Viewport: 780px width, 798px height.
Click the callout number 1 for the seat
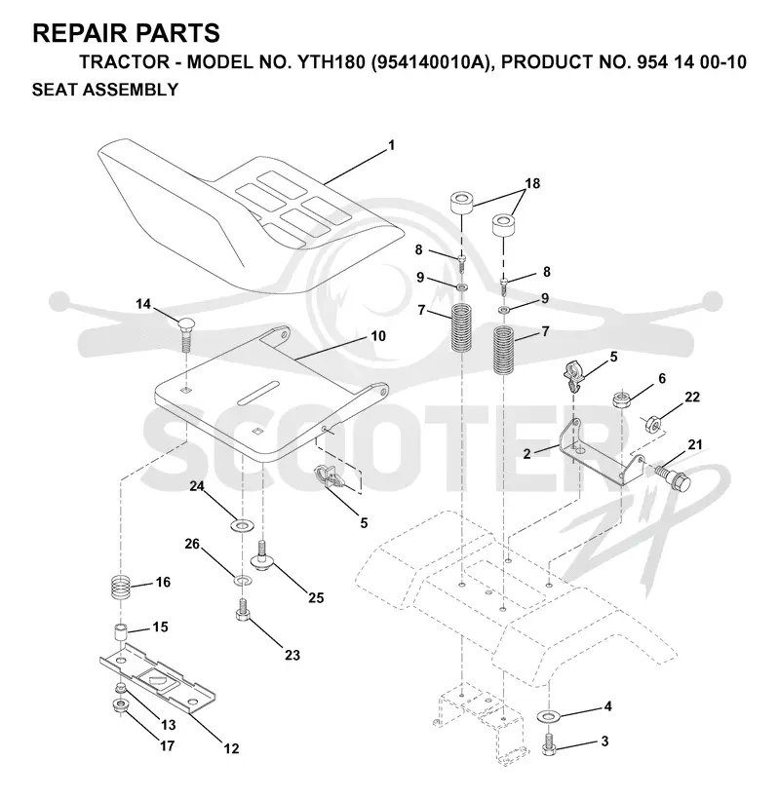[391, 145]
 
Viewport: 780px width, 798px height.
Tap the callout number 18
[532, 183]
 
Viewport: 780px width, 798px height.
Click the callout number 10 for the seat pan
[378, 336]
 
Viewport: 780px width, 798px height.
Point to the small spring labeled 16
[121, 587]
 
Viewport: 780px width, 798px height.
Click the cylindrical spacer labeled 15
[120, 633]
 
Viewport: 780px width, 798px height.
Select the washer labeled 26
[243, 580]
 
